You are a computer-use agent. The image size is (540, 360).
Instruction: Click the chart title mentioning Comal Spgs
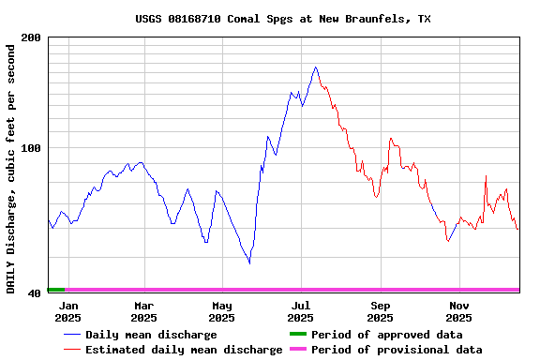283,19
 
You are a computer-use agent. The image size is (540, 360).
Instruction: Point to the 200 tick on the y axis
31,37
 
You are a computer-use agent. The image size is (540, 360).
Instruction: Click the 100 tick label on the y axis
31,148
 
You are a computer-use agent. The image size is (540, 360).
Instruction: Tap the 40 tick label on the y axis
34,293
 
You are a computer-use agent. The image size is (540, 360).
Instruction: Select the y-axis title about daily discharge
11,165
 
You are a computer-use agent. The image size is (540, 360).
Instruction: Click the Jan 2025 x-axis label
68,311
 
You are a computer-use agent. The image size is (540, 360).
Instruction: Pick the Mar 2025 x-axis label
143,311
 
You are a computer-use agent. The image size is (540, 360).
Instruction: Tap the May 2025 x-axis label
222,311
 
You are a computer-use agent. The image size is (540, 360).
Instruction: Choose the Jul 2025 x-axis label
301,311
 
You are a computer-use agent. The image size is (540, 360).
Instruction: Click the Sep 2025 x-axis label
381,311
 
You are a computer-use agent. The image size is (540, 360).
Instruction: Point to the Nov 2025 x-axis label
459,311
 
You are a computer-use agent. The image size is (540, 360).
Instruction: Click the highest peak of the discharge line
316,67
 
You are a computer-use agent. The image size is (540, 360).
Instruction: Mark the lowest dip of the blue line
249,263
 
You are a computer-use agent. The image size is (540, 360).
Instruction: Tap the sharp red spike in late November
486,176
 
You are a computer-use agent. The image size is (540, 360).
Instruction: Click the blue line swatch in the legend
71,335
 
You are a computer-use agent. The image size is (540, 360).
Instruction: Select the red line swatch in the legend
71,350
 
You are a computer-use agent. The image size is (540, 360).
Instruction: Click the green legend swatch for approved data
297,335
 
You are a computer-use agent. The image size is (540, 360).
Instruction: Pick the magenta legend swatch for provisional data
297,350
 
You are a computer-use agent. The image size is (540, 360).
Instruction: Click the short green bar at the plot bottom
56,290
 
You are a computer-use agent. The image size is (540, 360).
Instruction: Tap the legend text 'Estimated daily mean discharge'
184,350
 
